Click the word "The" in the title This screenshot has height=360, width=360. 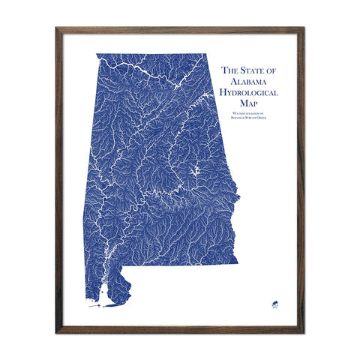[229, 70]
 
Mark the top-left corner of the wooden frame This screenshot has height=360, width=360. [57, 28]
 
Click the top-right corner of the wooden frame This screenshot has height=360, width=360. [303, 28]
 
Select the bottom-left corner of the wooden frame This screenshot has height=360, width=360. [57, 331]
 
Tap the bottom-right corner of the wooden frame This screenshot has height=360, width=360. [303, 331]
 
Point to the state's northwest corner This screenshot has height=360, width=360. [97, 55]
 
